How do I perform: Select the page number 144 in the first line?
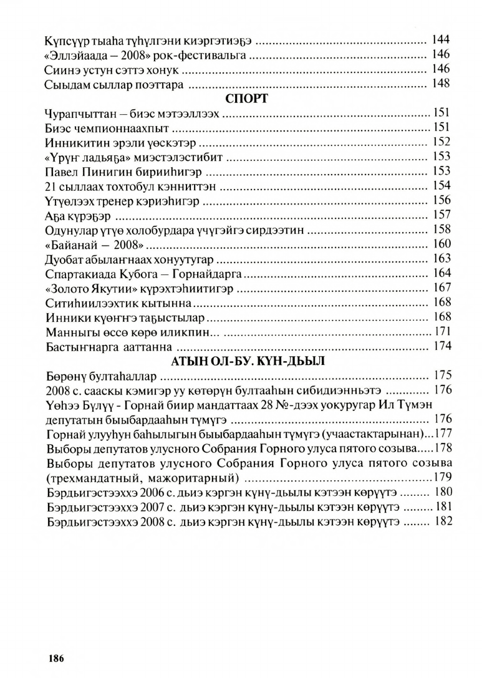[441, 41]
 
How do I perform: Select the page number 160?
[441, 243]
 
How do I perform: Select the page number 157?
[441, 215]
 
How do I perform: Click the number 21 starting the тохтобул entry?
[51, 185]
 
